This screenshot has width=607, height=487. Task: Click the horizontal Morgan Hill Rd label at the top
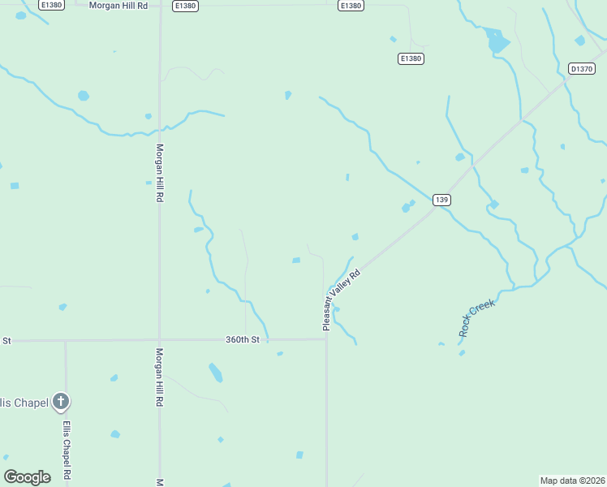118,6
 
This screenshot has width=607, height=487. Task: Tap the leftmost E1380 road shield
50,6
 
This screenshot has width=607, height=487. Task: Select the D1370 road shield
581,69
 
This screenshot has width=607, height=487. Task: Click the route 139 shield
441,200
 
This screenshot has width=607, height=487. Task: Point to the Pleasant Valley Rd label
341,300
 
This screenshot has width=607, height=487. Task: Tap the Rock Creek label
476,317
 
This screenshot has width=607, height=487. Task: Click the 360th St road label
243,339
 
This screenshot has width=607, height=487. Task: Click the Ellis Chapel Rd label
67,450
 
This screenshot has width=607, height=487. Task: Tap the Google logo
27,477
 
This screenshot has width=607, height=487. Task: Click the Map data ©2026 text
572,481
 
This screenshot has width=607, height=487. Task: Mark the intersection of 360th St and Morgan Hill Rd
159,340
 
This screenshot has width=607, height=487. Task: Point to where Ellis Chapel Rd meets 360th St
66,341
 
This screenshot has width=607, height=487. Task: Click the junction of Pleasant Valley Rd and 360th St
326,339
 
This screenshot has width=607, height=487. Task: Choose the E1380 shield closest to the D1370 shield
411,58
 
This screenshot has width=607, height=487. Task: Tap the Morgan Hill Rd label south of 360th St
160,377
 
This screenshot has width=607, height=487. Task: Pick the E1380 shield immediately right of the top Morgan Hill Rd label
185,6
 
